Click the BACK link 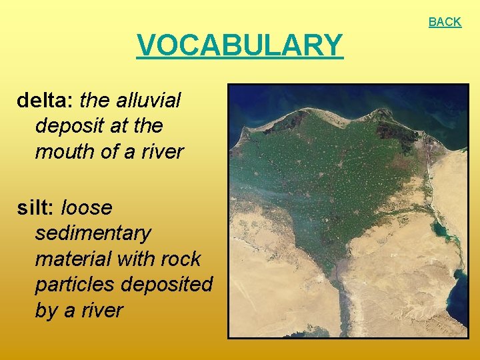click(x=445, y=22)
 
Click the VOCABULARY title click(x=240, y=45)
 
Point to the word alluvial click(x=148, y=101)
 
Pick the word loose click(x=87, y=208)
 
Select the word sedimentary click(x=93, y=233)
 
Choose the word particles click(x=75, y=285)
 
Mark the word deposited click(x=167, y=285)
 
